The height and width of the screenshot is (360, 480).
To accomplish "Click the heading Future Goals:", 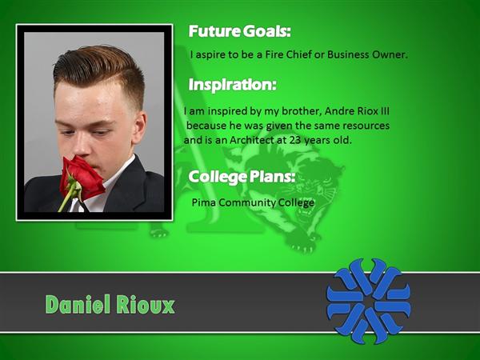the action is tap(239, 31).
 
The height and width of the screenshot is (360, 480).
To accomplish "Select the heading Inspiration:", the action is tap(232, 85).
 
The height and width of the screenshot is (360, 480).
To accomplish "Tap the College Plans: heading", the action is tap(242, 177).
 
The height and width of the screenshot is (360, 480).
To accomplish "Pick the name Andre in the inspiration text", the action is tap(338, 111).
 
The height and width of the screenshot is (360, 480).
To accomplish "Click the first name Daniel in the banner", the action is tap(78, 304).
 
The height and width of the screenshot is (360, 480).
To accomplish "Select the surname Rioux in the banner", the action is tap(146, 305).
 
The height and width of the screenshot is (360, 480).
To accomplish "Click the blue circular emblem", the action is tap(369, 301).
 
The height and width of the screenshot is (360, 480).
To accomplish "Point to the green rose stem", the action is tap(68, 198).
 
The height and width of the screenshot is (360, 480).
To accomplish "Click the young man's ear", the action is tap(139, 127).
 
